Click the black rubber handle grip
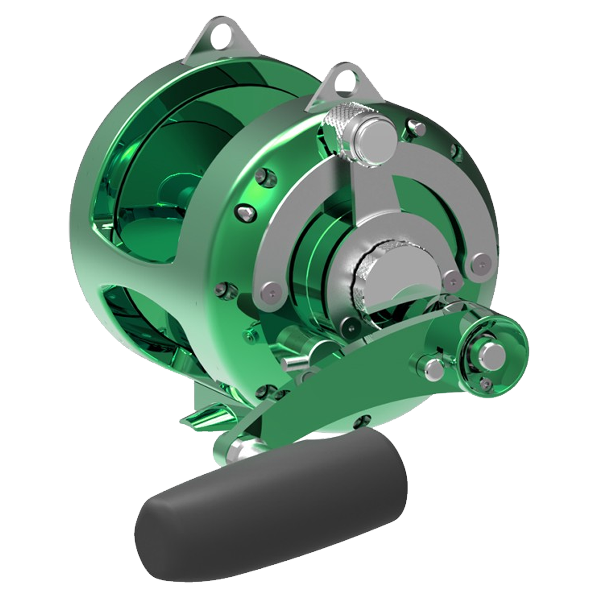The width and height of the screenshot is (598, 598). coord(272,508)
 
